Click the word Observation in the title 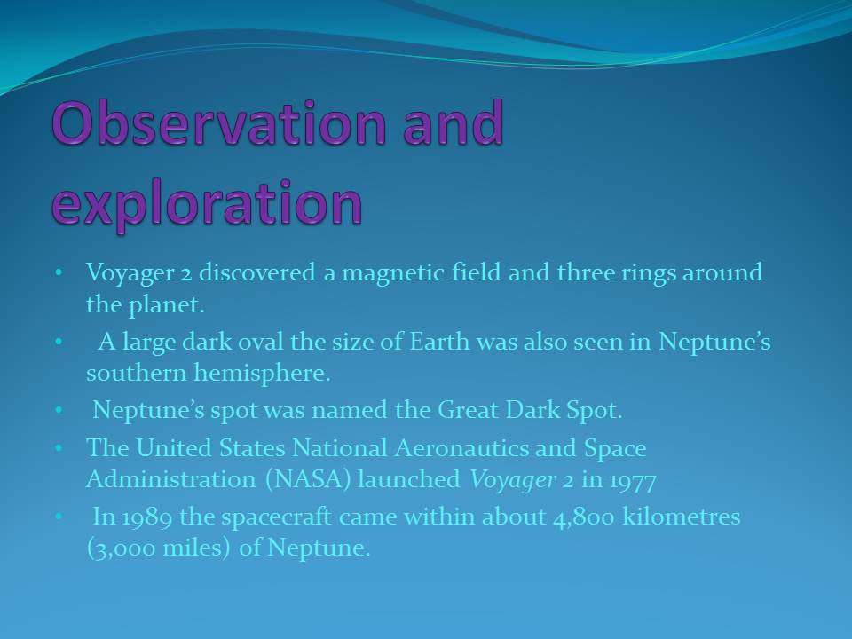pyautogui.click(x=219, y=122)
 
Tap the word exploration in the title pyautogui.click(x=207, y=202)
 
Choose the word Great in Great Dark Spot pyautogui.click(x=469, y=410)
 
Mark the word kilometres pyautogui.click(x=682, y=517)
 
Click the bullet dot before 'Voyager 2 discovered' pyautogui.click(x=59, y=272)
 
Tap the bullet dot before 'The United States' pyautogui.click(x=59, y=448)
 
